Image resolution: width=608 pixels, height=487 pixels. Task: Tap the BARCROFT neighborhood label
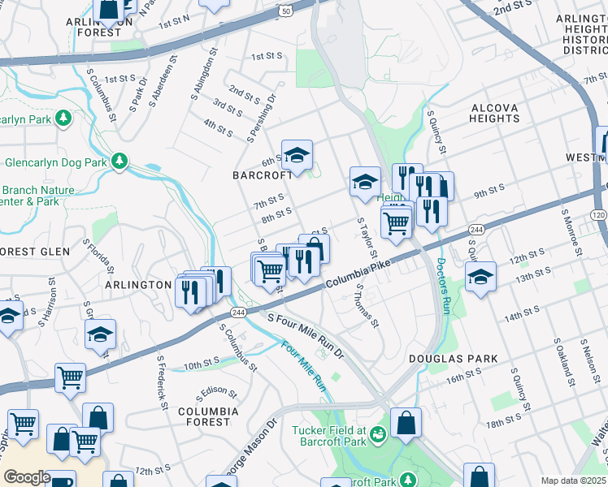(x=262, y=175)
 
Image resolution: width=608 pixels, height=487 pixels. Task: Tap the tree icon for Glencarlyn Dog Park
(x=119, y=162)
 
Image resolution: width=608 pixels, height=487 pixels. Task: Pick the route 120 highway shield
(x=599, y=214)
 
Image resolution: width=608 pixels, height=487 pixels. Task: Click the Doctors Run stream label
(x=443, y=287)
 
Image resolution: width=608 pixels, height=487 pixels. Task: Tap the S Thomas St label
(x=367, y=306)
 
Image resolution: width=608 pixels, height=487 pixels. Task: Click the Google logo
(x=27, y=477)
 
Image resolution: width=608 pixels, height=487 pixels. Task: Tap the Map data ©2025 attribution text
(x=573, y=481)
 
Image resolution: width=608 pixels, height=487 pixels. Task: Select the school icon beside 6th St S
(x=297, y=155)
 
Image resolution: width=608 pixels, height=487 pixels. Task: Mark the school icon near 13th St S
(x=481, y=277)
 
